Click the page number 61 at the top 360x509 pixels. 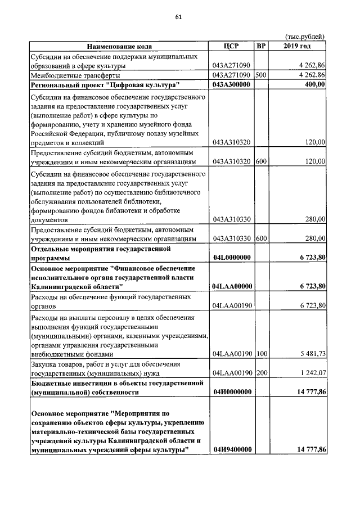(x=178, y=17)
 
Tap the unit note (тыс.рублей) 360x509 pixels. (x=306, y=37)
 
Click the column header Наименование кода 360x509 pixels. (x=119, y=46)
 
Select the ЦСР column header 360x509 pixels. (x=231, y=46)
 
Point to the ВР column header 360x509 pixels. (x=261, y=46)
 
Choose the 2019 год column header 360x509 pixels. (x=298, y=46)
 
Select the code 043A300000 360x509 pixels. (x=231, y=84)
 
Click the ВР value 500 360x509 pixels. (x=260, y=75)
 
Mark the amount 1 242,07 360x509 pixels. (x=309, y=373)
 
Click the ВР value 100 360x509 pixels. (x=260, y=354)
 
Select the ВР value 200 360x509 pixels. (x=260, y=373)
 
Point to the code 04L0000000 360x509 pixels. (x=231, y=257)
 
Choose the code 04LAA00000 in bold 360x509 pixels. (x=231, y=286)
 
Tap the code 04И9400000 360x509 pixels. (x=231, y=449)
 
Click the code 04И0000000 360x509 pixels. (x=231, y=393)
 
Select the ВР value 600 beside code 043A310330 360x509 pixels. (x=260, y=238)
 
